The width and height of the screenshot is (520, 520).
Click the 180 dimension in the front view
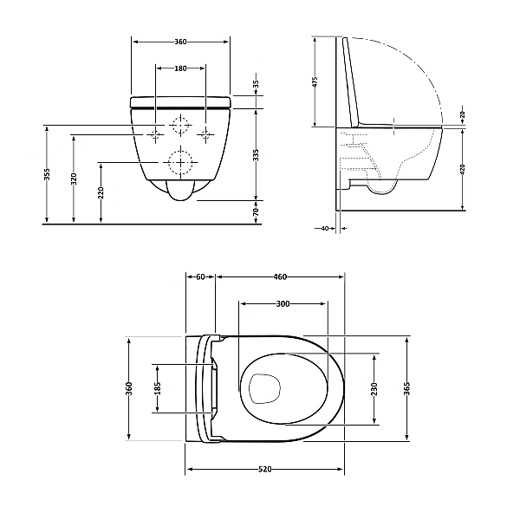click(180, 68)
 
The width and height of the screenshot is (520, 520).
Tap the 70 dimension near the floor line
click(256, 211)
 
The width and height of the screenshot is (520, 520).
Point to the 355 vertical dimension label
click(48, 175)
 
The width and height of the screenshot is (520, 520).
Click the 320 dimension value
click(75, 179)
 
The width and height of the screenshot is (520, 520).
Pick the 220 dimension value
click(101, 192)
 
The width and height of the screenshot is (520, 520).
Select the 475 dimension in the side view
click(315, 82)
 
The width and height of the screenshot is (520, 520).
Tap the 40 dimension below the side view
click(325, 229)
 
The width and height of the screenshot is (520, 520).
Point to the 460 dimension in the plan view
click(280, 277)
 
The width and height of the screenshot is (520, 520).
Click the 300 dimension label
click(283, 304)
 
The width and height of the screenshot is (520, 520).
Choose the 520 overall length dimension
click(265, 469)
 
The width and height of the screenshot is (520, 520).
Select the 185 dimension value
click(158, 388)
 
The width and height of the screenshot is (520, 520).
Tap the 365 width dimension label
click(406, 388)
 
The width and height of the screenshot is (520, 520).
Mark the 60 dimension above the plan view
click(200, 277)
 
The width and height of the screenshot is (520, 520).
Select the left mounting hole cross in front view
click(154, 134)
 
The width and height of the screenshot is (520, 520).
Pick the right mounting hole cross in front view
click(205, 134)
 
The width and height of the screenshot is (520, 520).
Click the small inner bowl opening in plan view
click(263, 387)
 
